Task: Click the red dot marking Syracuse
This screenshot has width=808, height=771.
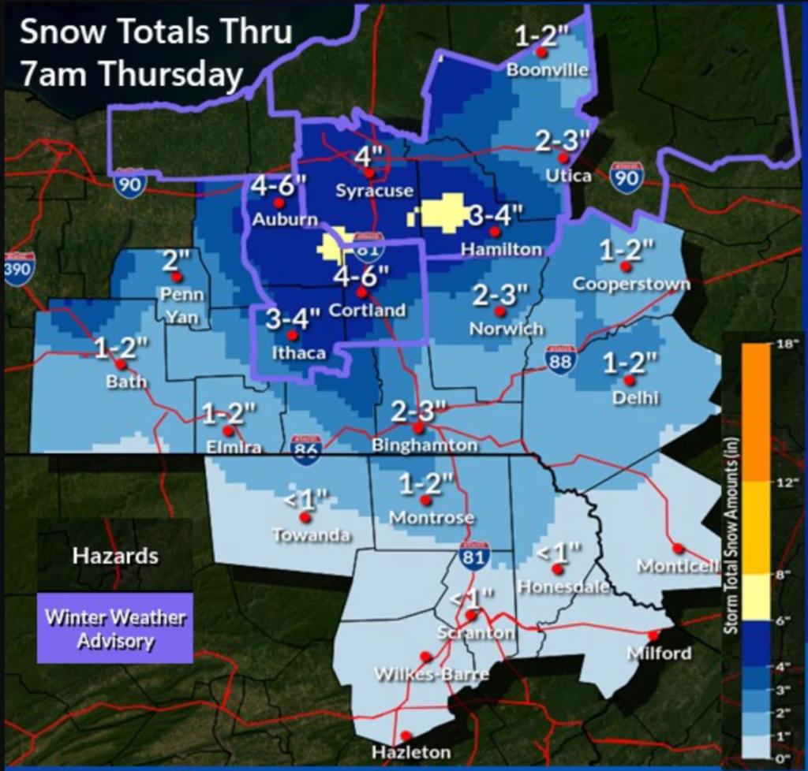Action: coord(368,173)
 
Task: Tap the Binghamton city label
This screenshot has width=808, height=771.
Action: coord(425,445)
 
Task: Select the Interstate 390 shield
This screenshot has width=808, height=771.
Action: coord(19,268)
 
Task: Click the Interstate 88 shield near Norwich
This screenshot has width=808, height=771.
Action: coord(560,359)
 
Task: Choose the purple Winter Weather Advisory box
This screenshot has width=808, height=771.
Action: coord(115,628)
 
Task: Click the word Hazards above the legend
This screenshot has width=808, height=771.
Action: coord(115,556)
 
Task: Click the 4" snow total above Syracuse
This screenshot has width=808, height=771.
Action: coord(368,155)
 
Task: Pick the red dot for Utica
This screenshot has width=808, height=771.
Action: coord(563,158)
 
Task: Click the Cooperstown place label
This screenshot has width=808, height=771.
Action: coord(631,284)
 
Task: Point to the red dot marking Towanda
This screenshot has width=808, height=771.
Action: coord(305,518)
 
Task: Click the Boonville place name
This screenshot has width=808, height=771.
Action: coord(548,69)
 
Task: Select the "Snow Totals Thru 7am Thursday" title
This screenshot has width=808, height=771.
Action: coord(155,53)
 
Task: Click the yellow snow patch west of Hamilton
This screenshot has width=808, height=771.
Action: coord(446,213)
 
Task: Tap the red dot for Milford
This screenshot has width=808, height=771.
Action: coord(653,635)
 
